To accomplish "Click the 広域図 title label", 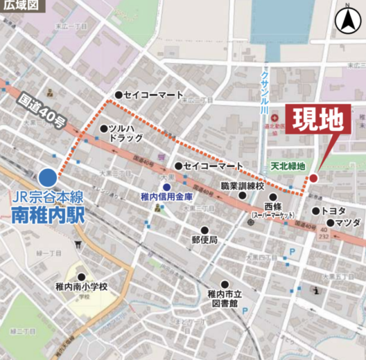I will coord(24,6).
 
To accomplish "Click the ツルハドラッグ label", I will coord(125,133).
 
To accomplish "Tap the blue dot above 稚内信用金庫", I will coord(166,186).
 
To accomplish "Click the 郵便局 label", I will coord(205,240).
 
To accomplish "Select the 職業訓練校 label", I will coord(243,186).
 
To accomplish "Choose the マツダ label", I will coord(347,222).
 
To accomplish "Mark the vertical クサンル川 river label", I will coord(264,90).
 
